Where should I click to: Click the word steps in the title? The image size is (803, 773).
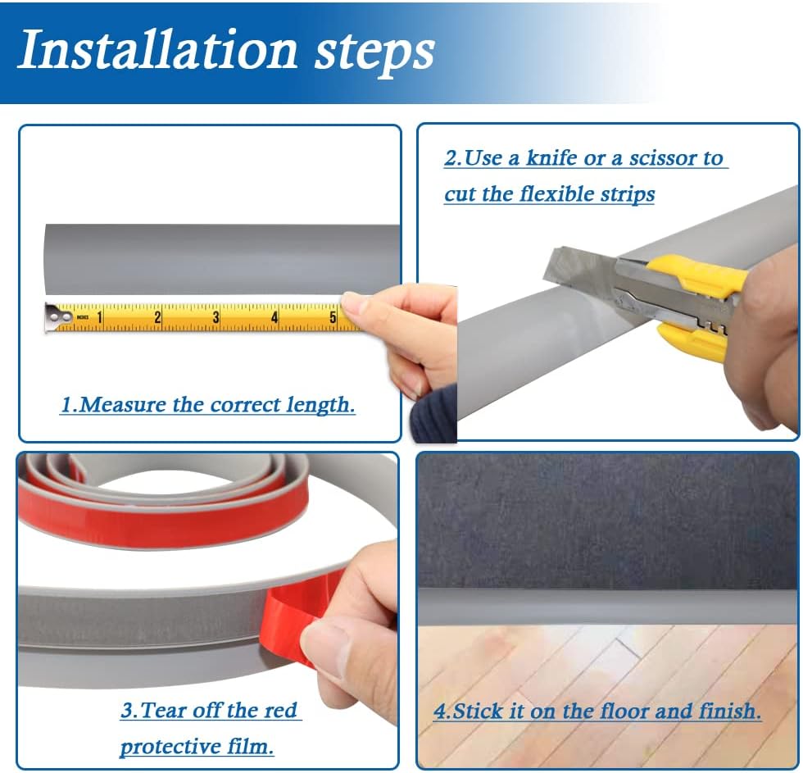point(374,52)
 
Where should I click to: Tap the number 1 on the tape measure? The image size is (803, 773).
point(100,316)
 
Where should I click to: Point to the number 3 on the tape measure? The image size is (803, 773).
point(215,316)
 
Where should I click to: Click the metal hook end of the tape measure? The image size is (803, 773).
point(54,316)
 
